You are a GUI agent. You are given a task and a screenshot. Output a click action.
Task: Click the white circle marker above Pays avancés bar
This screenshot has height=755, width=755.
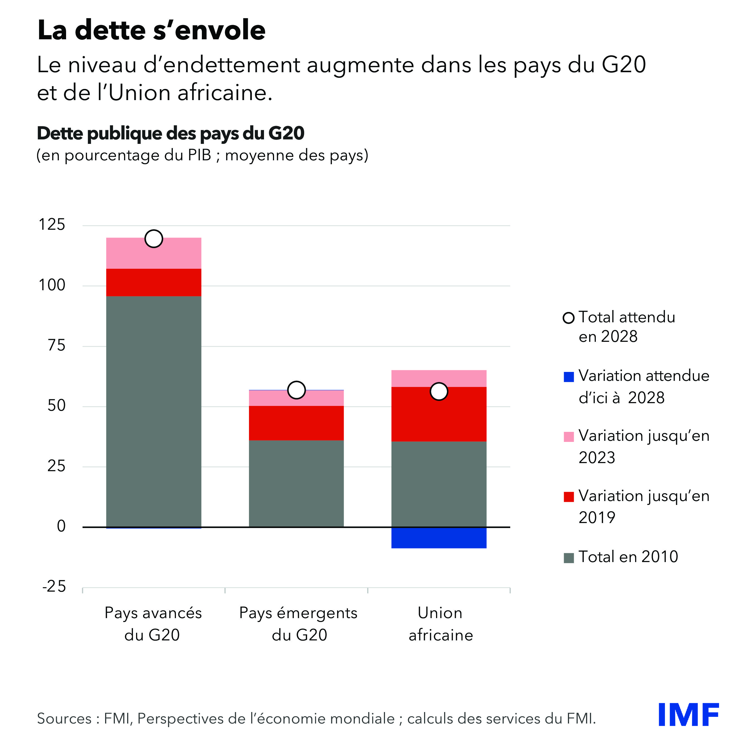point(154,238)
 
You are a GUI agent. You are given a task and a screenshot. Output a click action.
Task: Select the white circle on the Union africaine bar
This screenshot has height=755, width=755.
point(439,391)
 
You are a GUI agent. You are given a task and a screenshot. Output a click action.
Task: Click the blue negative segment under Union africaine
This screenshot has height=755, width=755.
point(439,538)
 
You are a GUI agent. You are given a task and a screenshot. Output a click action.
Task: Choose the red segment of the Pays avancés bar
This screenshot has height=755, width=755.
point(154,282)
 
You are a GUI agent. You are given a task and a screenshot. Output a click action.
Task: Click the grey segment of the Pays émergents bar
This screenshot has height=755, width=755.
point(296,483)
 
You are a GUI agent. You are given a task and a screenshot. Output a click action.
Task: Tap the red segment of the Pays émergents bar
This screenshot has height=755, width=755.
point(296,423)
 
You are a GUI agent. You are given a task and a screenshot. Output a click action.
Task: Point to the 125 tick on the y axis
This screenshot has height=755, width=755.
point(52,225)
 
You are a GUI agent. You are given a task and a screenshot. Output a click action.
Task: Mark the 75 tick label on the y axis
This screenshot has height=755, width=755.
point(56,345)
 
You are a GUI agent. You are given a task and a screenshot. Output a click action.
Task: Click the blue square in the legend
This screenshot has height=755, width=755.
point(568,377)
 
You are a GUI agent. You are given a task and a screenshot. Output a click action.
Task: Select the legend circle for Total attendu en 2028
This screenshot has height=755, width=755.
point(568,318)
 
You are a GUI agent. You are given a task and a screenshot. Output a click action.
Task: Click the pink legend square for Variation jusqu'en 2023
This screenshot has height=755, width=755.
point(568,437)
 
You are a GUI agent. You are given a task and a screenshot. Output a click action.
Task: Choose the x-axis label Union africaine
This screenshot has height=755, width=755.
point(441,624)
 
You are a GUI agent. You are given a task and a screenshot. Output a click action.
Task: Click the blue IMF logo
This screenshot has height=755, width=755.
point(688,715)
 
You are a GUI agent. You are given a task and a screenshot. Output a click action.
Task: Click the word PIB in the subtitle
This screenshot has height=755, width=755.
point(199,155)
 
